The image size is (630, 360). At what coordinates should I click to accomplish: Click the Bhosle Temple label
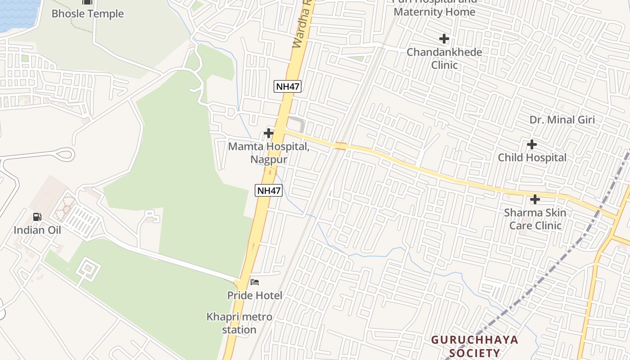tap(87, 13)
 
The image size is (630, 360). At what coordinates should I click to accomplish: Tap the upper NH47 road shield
tap(288, 86)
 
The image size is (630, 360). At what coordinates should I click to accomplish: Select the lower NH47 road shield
tap(269, 190)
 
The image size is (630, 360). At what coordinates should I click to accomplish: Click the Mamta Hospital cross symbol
tap(269, 133)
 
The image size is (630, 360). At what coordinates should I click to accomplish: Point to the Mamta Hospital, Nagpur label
tap(269, 153)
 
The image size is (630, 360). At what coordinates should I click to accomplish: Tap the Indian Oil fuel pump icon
tap(37, 217)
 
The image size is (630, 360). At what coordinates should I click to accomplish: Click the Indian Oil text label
tap(37, 230)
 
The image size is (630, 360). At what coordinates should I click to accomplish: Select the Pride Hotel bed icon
tap(255, 283)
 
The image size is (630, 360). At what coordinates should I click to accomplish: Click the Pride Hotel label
tap(255, 295)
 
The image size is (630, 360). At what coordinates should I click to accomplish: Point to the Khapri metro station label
tap(239, 323)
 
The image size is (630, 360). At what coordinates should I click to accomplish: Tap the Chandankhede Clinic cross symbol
tap(444, 39)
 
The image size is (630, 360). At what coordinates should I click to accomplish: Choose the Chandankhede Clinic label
tap(444, 58)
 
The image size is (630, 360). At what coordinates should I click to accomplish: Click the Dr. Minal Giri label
tap(562, 120)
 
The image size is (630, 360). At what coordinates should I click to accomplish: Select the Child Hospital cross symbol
tap(532, 144)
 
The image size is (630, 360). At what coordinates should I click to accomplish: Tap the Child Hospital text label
tap(532, 157)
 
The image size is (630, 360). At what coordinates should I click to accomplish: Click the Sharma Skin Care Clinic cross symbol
tap(535, 199)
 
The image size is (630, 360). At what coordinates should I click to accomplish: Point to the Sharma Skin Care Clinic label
tap(535, 219)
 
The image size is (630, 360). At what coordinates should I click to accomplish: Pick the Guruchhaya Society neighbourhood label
tap(475, 346)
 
